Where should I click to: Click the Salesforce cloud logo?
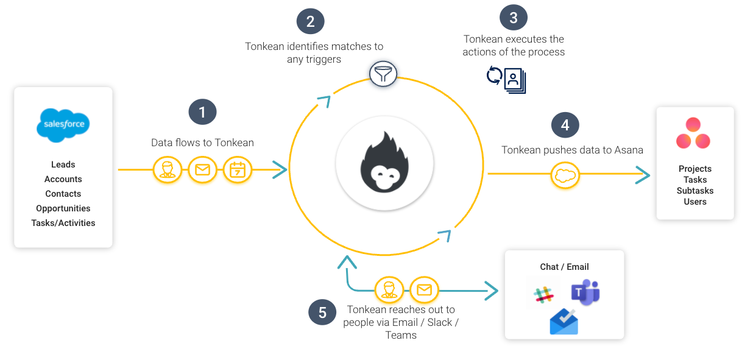pyautogui.click(x=63, y=125)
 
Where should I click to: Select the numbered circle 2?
pyautogui.click(x=310, y=22)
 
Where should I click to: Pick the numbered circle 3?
pyautogui.click(x=513, y=18)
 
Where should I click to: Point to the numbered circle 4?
pyautogui.click(x=565, y=125)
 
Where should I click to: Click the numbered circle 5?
pyautogui.click(x=322, y=312)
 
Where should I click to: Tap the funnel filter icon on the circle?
pyautogui.click(x=383, y=75)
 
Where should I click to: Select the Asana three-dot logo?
pyautogui.click(x=693, y=134)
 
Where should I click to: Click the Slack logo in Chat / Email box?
pyautogui.click(x=543, y=294)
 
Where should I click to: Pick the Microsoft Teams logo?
pyautogui.click(x=585, y=293)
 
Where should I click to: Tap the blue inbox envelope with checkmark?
pyautogui.click(x=564, y=322)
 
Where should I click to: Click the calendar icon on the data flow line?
pyautogui.click(x=237, y=169)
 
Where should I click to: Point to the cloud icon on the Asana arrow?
pyautogui.click(x=565, y=176)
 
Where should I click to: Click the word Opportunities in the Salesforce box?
pyautogui.click(x=63, y=208)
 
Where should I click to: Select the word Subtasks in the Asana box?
pyautogui.click(x=695, y=191)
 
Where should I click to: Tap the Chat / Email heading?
pyautogui.click(x=564, y=267)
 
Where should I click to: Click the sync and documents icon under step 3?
pyautogui.click(x=506, y=80)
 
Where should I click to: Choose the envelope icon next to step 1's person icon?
pyautogui.click(x=202, y=169)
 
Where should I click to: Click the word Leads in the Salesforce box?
pyautogui.click(x=63, y=164)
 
